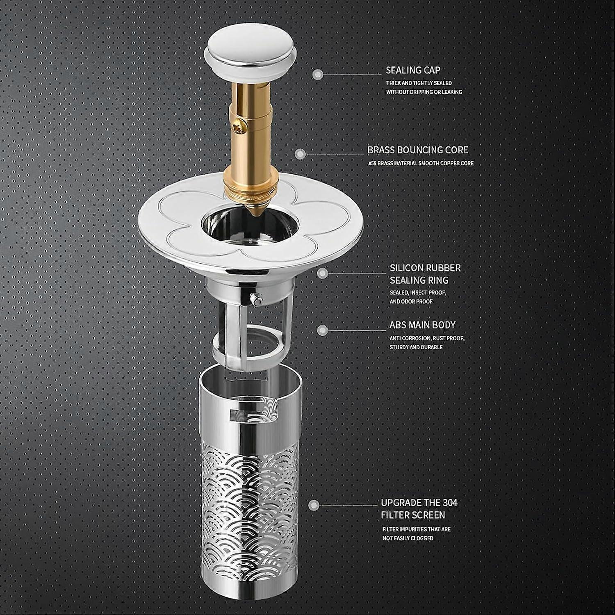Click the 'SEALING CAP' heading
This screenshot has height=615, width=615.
tap(413, 70)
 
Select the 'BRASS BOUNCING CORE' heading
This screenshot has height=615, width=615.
tap(418, 150)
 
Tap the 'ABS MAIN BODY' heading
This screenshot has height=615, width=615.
tap(422, 325)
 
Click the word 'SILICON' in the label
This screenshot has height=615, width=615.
tap(406, 268)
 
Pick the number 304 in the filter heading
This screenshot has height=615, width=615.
tap(449, 503)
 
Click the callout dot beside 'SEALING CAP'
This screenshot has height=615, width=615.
tap(318, 75)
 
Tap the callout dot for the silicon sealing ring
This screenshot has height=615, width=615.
tap(323, 273)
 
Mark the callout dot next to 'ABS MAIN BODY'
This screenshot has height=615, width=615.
tap(322, 330)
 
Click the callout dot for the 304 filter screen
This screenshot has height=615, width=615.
tap(314, 505)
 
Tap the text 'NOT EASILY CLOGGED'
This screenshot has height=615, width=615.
tap(408, 538)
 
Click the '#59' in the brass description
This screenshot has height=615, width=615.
tap(372, 163)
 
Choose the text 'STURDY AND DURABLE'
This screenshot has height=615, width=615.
tap(416, 347)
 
